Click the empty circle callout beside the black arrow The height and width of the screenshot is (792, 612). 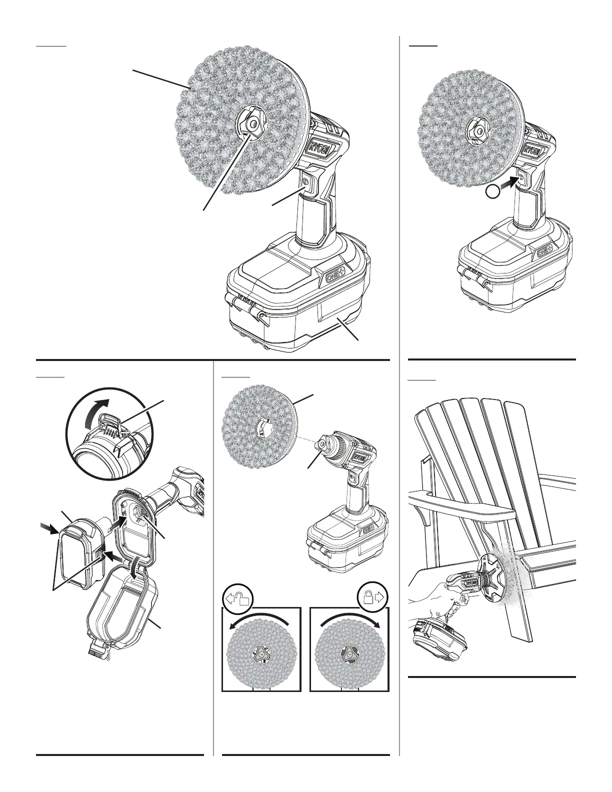pyautogui.click(x=494, y=191)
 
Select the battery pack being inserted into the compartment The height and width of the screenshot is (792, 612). pyautogui.click(x=82, y=550)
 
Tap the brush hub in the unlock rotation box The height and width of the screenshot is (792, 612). pyautogui.click(x=261, y=653)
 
